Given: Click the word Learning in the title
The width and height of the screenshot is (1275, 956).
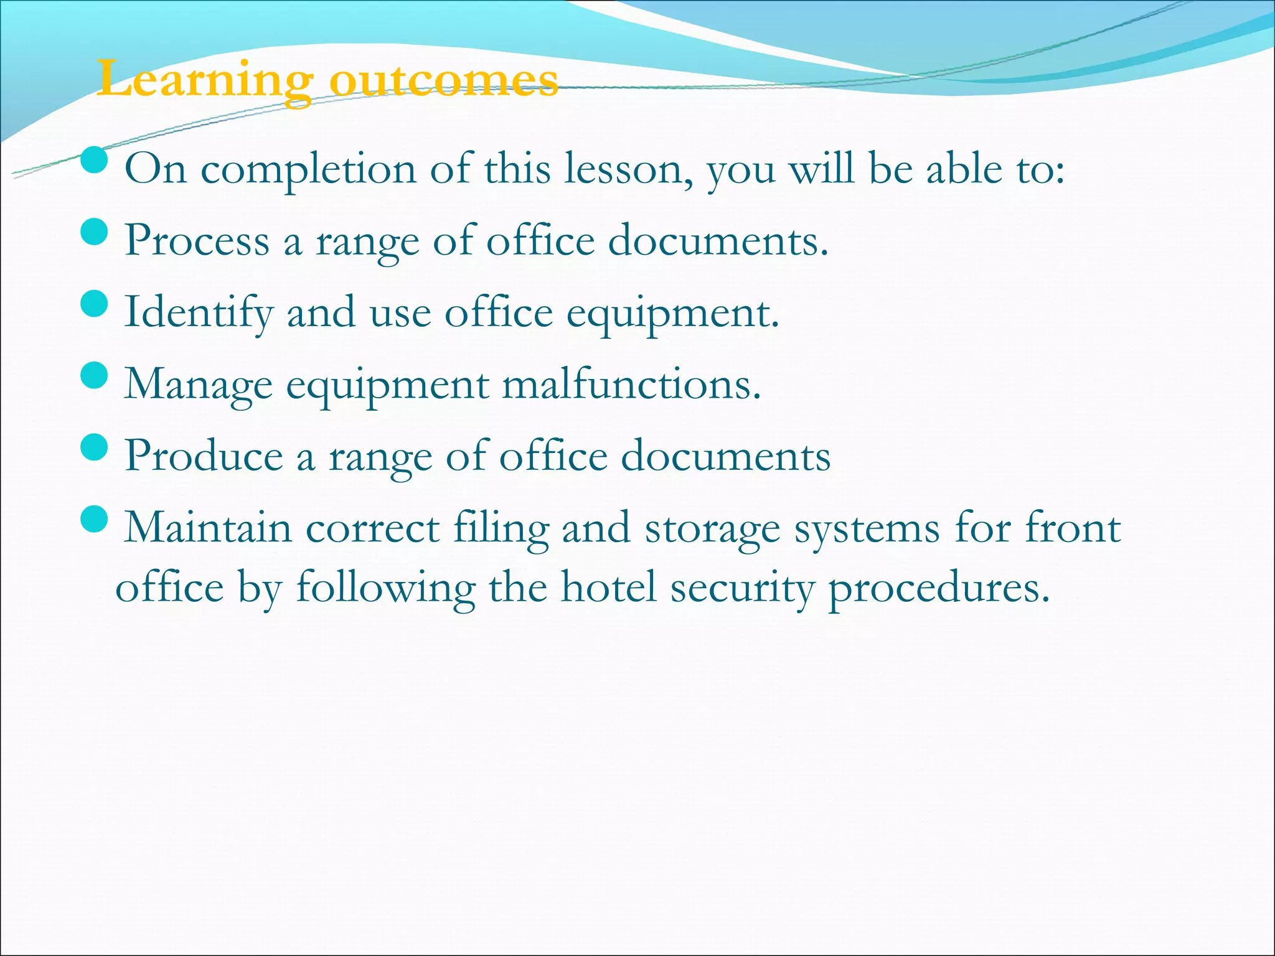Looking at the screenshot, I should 205,80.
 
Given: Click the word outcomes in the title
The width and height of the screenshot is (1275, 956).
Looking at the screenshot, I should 443,80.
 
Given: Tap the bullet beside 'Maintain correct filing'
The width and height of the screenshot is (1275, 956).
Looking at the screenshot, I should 95,519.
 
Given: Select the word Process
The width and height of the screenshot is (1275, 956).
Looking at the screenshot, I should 197,240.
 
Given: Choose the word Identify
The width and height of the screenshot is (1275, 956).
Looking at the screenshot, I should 198,312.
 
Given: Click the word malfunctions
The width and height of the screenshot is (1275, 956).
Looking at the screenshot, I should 631,384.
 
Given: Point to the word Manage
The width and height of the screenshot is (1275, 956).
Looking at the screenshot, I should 198,385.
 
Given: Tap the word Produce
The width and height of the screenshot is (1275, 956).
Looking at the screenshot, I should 204,456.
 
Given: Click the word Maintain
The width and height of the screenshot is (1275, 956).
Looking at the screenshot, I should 208,528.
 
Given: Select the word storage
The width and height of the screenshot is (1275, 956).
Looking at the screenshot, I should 712,529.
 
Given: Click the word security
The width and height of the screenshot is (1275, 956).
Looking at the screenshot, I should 742,588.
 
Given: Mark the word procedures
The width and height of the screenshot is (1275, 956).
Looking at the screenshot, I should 939,588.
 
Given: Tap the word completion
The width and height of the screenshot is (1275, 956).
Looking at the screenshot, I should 308,170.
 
